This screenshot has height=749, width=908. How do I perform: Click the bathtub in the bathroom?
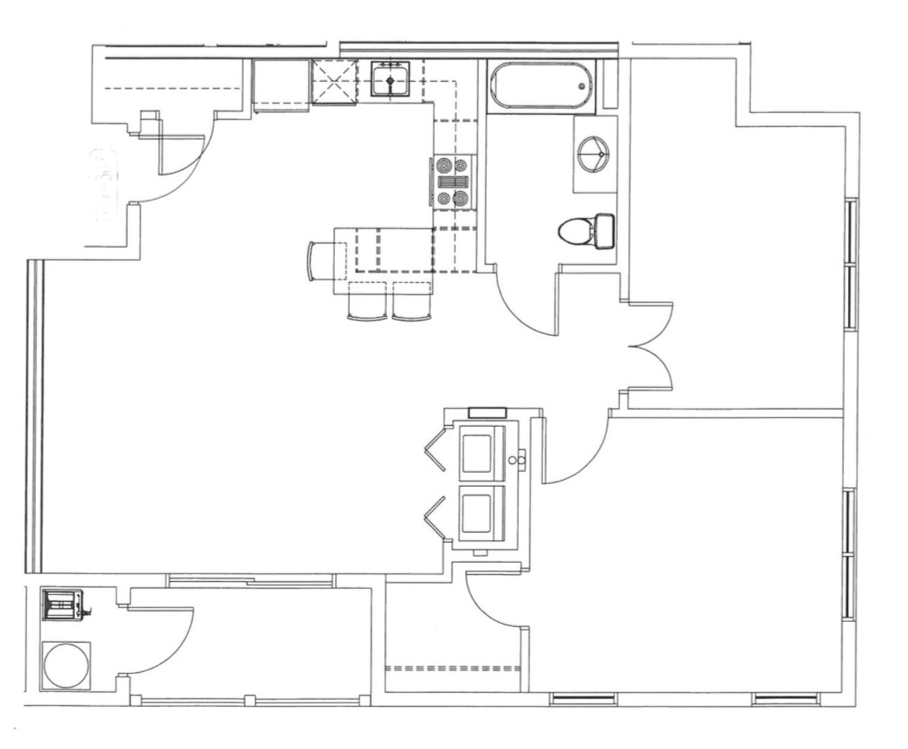point(541,85)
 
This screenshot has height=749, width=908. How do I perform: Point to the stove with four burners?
point(452,182)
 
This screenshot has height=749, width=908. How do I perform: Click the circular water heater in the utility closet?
point(65,664)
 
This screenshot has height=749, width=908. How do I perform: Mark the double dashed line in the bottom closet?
point(452,669)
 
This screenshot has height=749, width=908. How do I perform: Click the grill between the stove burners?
point(452,182)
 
